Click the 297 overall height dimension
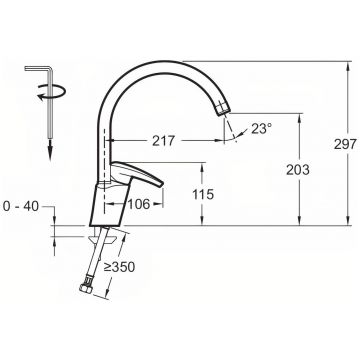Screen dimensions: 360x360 tap(345, 144)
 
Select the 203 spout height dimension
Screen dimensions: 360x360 tap(298, 170)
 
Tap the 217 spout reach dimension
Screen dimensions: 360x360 tap(163, 141)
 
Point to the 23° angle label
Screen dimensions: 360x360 tap(262, 128)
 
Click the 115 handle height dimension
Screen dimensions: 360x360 tap(203, 194)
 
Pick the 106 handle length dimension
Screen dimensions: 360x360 tap(139, 204)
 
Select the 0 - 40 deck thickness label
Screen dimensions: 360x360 tap(21, 207)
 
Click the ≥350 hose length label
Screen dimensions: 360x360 tap(119, 267)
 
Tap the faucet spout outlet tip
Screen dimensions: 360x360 tap(224, 109)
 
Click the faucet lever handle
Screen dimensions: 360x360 tap(137, 173)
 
